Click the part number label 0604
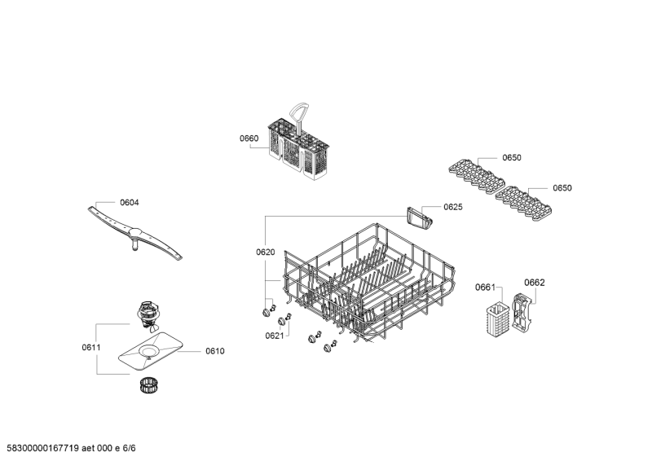point(130,203)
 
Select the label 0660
point(249,138)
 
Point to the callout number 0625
point(453,207)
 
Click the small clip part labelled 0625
point(420,218)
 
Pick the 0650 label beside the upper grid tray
point(512,157)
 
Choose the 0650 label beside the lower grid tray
point(562,188)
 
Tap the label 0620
point(266,252)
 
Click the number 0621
point(275,336)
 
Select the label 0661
point(485,288)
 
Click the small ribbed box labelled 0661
point(497,318)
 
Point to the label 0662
point(535,283)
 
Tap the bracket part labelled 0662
point(522,314)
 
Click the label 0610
point(215,351)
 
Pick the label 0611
point(91,348)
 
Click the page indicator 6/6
point(130,448)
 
